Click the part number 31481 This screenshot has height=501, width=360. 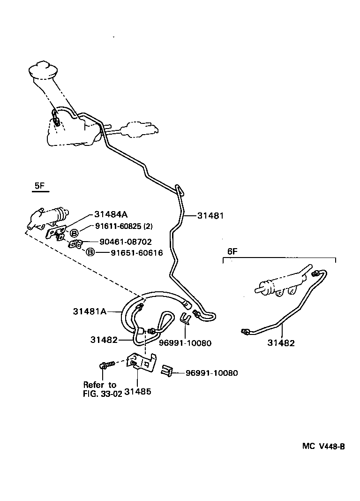tap(210, 216)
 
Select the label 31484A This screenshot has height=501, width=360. tap(111, 214)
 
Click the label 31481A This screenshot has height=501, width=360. tap(90, 311)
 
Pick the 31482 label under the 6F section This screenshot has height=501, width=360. tap(281, 343)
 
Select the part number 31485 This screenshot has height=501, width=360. tap(137, 390)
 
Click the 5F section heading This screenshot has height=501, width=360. tap(39, 186)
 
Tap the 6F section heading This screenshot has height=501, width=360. tap(233, 251)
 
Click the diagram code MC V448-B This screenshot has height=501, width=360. tap(323, 446)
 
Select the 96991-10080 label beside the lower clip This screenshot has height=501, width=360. tap(211, 373)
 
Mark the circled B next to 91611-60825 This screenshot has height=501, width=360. tap(74, 233)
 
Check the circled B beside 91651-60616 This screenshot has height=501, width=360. tap(90, 252)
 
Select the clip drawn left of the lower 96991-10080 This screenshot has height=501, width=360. tap(167, 371)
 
